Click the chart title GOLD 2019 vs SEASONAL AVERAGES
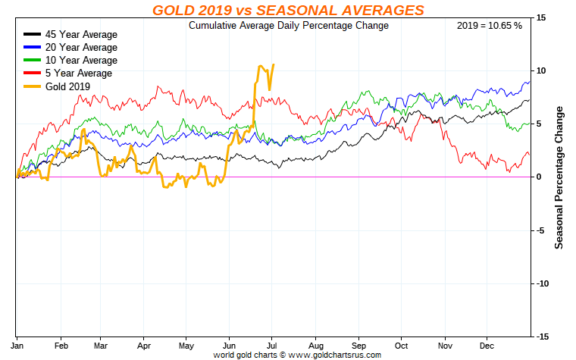click(288, 10)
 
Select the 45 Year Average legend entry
click(79, 35)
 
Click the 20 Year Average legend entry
click(79, 48)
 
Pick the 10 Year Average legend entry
click(79, 61)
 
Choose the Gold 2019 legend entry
click(67, 86)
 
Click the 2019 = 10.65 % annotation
click(490, 26)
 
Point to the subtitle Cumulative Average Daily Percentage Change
click(288, 26)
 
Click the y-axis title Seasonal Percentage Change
click(559, 177)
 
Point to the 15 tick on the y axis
click(540, 17)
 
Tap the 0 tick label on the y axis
click(538, 177)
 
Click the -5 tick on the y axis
click(540, 230)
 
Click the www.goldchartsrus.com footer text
click(333, 354)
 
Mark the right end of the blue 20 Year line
click(530, 82)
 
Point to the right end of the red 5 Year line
click(530, 155)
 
